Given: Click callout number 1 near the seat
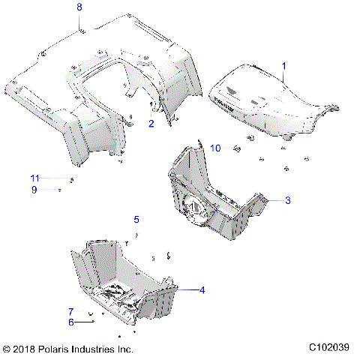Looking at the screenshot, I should [283, 67].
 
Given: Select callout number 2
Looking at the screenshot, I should [151, 124].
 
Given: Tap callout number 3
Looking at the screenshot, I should [287, 201].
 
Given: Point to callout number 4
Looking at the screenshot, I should [201, 289].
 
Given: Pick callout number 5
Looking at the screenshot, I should [136, 220].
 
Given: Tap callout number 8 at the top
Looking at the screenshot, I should [80, 7].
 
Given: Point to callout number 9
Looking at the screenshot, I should [34, 190].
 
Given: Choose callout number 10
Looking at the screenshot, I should [215, 148].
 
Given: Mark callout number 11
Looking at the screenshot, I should [34, 178].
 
